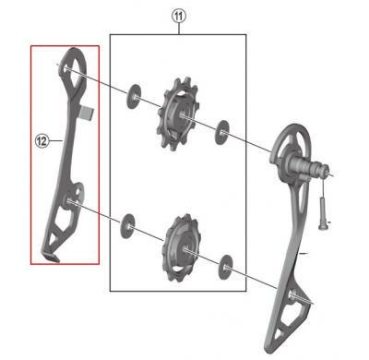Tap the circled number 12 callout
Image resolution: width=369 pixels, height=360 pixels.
[42, 141]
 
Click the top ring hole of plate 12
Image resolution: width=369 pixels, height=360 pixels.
[72, 63]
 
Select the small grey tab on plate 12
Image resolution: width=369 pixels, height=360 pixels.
[88, 114]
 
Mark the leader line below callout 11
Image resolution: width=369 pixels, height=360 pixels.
[178, 29]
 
